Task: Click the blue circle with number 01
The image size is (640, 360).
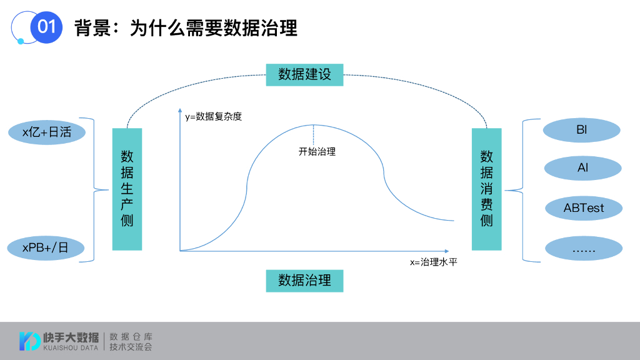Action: tap(46, 27)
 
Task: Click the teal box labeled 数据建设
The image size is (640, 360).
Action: tap(304, 74)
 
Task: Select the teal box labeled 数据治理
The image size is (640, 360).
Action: tap(304, 280)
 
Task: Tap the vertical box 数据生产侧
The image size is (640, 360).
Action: tap(127, 189)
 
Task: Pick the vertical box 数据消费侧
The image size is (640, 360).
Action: tap(486, 189)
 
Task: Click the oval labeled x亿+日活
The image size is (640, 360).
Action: tap(46, 132)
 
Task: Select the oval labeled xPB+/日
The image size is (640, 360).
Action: tap(46, 247)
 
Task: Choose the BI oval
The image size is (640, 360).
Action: tap(582, 131)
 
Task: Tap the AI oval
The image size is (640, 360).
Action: tap(582, 168)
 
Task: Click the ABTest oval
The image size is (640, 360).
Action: tap(584, 207)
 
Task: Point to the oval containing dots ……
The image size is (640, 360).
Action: tap(584, 248)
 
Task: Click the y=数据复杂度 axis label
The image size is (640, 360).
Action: tap(213, 116)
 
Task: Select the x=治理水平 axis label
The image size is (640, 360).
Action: tap(433, 262)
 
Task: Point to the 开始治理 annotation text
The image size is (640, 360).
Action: tap(317, 151)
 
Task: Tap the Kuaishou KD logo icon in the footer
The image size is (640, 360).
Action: tap(29, 341)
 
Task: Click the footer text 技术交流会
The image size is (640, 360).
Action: tap(131, 346)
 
